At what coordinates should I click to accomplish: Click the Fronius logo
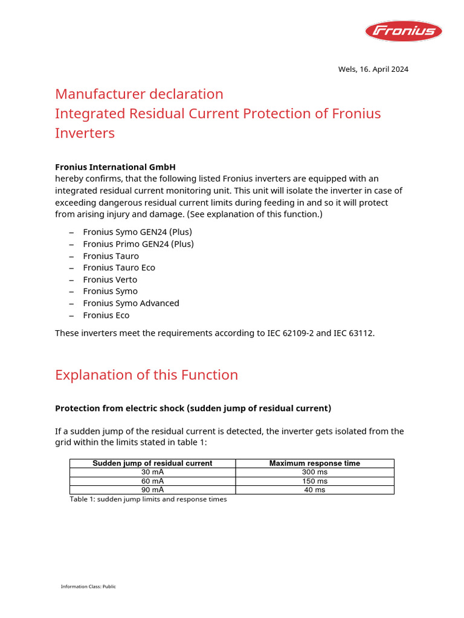(x=403, y=31)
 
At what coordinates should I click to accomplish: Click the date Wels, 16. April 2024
(x=373, y=69)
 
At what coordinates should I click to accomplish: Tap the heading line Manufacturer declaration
(x=139, y=94)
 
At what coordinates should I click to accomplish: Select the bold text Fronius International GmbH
(x=115, y=167)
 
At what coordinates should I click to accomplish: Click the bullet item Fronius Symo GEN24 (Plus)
(x=137, y=232)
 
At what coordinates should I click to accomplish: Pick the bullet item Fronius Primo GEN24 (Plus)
(x=138, y=244)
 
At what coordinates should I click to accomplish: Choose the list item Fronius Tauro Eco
(x=119, y=267)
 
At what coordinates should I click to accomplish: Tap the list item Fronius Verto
(x=110, y=279)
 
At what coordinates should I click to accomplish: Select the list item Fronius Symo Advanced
(x=131, y=303)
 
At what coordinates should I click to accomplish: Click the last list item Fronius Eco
(x=106, y=315)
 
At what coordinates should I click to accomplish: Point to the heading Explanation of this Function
(x=146, y=375)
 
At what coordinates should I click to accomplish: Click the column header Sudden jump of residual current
(x=152, y=463)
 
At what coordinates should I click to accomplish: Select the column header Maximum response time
(x=314, y=463)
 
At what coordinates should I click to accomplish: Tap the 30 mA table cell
(x=152, y=472)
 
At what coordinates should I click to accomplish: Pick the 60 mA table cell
(x=152, y=481)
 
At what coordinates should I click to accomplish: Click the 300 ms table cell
(x=314, y=472)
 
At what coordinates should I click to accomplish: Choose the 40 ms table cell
(x=314, y=490)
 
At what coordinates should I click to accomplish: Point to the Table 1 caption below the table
(x=148, y=500)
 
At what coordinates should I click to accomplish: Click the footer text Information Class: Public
(x=88, y=587)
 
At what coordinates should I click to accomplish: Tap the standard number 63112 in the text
(x=360, y=333)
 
